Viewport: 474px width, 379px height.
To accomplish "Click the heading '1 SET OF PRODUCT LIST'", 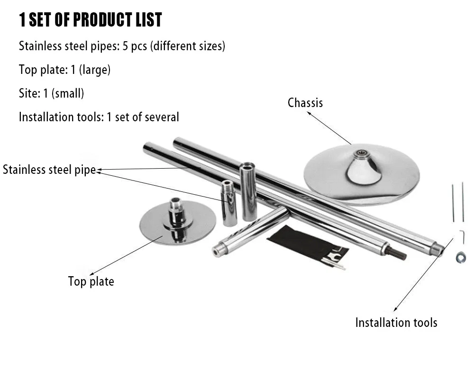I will coord(90,20).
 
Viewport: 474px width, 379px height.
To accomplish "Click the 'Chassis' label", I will coord(305,102).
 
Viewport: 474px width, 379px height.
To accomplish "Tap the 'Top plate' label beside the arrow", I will coord(91,281).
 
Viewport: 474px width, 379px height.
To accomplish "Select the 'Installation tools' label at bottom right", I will coord(396,323).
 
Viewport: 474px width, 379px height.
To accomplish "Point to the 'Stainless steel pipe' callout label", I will coord(49,170).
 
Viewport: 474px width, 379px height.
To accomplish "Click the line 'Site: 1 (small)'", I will coord(51,93).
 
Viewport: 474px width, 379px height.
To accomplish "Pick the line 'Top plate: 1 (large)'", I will coord(64,70).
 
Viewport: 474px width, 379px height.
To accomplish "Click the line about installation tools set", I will coord(99,117).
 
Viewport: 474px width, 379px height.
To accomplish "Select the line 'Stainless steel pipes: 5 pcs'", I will coord(122,46).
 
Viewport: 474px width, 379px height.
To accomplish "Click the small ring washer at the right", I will coord(459,258).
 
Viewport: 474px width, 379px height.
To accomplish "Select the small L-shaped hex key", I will coord(461,236).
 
